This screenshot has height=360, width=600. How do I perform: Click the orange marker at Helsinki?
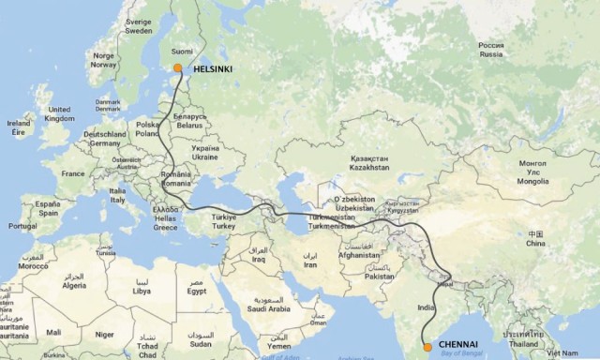pos(178,67)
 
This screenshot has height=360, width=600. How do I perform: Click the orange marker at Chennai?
pos(427,347)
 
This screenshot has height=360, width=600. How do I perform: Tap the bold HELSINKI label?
pos(212,68)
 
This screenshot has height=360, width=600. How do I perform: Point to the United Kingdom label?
pos(58,114)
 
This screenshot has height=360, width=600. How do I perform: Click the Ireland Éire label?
pos(17,127)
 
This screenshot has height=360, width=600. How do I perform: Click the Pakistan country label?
pos(380,277)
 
